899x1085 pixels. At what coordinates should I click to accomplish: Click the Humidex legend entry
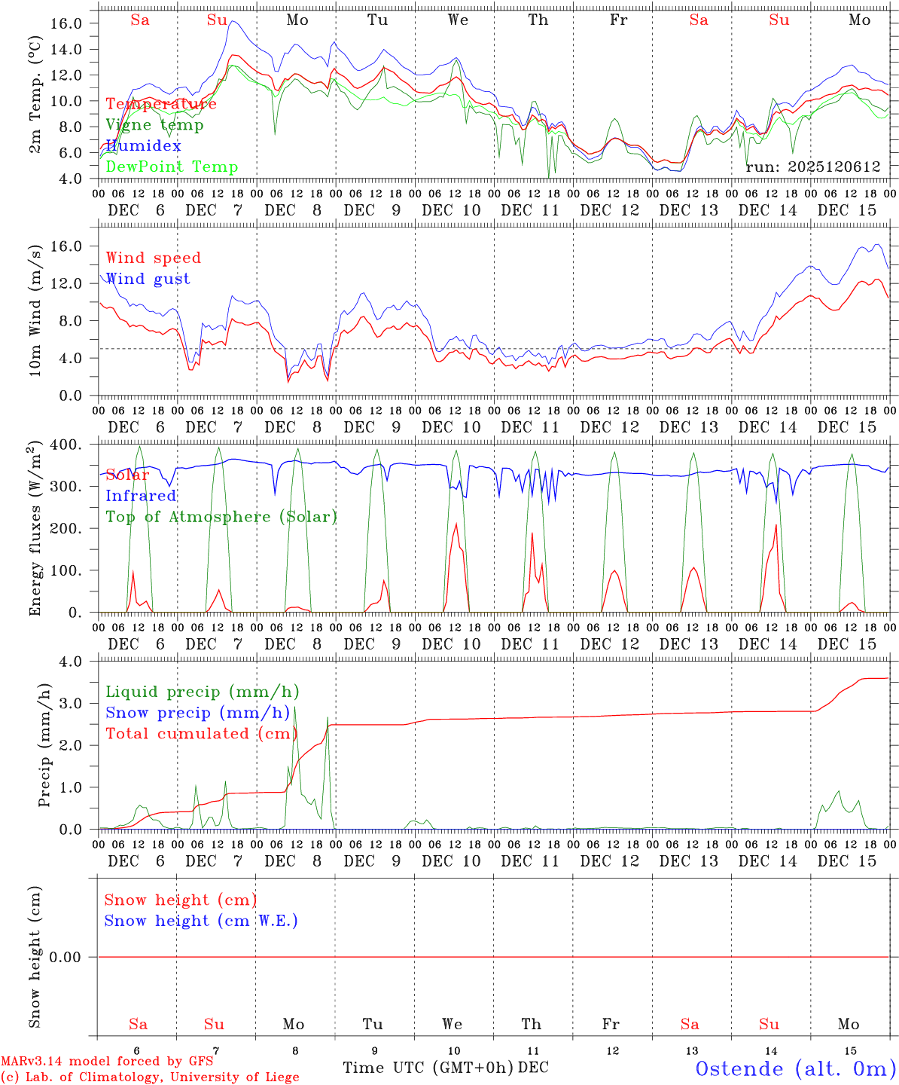[x=143, y=146]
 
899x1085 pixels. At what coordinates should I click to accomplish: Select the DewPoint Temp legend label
[x=172, y=167]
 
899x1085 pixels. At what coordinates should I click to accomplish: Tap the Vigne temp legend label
[x=154, y=125]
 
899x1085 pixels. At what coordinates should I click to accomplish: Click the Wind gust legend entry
[x=148, y=279]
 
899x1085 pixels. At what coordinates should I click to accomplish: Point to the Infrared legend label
[x=141, y=496]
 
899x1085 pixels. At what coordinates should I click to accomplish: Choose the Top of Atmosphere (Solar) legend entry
[x=221, y=517]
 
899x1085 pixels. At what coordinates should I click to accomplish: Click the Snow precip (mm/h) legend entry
[x=197, y=713]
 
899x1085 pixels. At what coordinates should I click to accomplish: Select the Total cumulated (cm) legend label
[x=199, y=734]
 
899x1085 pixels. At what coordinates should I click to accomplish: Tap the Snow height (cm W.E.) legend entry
[x=201, y=921]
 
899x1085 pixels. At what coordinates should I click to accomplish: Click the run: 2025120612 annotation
[x=813, y=167]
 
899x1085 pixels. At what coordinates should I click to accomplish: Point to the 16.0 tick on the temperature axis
[x=66, y=23]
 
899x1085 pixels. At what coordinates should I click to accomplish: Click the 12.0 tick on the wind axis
[x=66, y=283]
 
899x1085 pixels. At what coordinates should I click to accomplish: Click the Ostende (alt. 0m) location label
[x=795, y=1068]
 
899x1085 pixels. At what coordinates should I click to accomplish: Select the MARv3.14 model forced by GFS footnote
[x=107, y=1061]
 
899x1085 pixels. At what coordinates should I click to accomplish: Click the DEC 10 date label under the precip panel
[x=451, y=861]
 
